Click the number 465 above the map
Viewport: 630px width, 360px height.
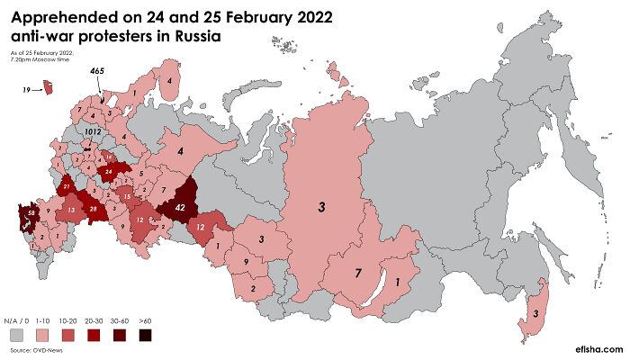(x=97, y=70)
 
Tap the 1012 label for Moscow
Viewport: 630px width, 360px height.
(x=92, y=131)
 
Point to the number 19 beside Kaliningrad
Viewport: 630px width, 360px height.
(x=27, y=89)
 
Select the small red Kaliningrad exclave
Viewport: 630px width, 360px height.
(x=50, y=87)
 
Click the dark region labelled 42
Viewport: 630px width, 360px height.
(x=179, y=206)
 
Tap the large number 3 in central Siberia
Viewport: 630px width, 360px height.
(x=320, y=208)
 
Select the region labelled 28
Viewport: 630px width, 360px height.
(x=93, y=209)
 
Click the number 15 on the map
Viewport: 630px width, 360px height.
(x=127, y=196)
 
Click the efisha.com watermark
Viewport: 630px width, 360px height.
(x=595, y=346)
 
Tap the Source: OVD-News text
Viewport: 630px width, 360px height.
(x=34, y=350)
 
